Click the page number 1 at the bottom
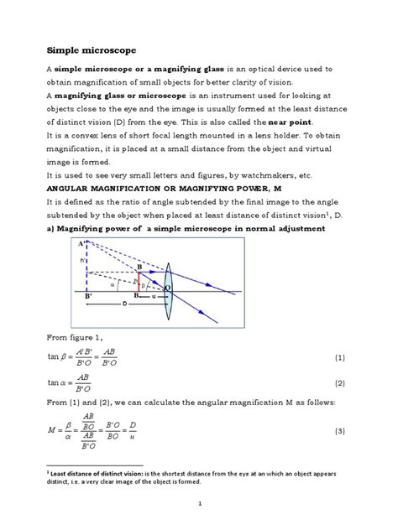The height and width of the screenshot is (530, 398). tap(199, 503)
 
